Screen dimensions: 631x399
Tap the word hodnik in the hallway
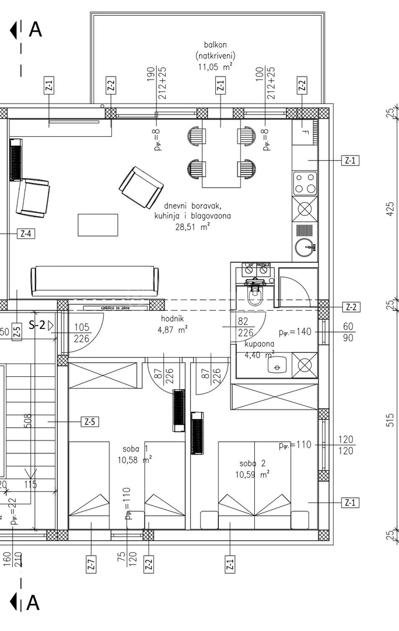click(174, 319)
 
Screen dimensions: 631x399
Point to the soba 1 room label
click(135, 449)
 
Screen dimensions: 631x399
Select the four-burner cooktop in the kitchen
click(304, 183)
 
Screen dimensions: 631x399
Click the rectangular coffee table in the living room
click(98, 225)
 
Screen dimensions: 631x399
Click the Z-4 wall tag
click(26, 234)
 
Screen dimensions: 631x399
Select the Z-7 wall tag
click(92, 564)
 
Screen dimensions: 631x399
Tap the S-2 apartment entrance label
click(37, 325)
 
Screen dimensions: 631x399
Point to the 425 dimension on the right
click(390, 208)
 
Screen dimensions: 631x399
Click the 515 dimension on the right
click(390, 420)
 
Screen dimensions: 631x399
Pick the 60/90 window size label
click(348, 332)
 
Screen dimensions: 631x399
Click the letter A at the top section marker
click(35, 29)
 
